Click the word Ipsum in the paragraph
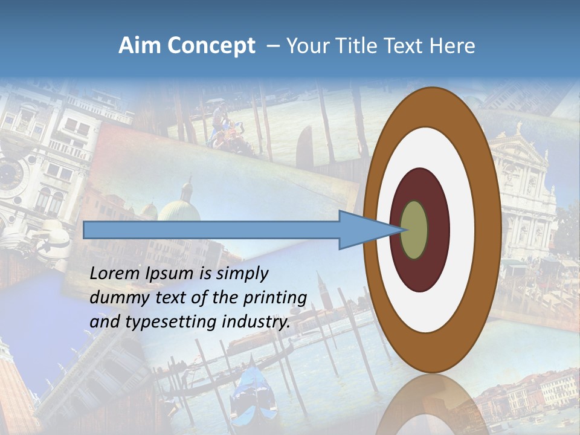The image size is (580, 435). point(170,274)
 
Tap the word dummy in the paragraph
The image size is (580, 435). point(116,298)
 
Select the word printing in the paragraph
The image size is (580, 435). point(275,298)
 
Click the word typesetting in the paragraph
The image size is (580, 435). point(172,322)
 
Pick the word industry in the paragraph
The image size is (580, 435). point(256,322)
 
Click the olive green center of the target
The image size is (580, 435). point(414,230)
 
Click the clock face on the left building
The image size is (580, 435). point(11,175)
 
